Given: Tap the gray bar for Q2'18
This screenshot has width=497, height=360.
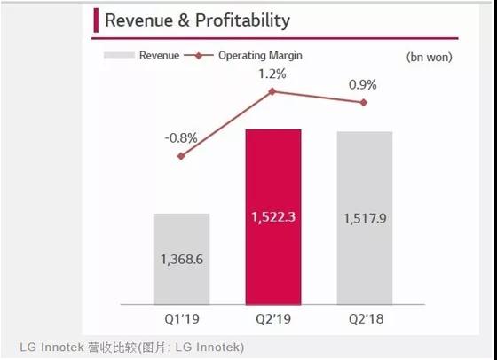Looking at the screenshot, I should pyautogui.click(x=364, y=212).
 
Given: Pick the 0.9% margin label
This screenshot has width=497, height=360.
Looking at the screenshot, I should pyautogui.click(x=364, y=85).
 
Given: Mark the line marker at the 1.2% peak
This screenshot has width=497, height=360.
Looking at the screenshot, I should pyautogui.click(x=273, y=91).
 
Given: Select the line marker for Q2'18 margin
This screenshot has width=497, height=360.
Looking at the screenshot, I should pyautogui.click(x=364, y=103).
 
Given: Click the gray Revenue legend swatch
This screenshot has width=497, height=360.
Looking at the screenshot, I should pyautogui.click(x=119, y=55).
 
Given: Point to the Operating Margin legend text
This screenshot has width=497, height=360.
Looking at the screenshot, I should pyautogui.click(x=260, y=55).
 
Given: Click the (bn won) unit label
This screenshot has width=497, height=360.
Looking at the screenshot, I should pyautogui.click(x=429, y=58).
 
